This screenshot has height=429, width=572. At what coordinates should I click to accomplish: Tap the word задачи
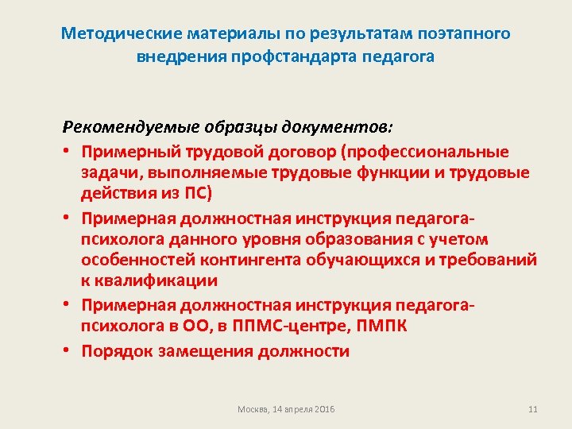coord(106,173)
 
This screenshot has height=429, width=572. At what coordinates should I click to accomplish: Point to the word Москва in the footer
coord(252,409)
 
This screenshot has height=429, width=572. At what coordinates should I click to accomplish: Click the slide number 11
coord(532,409)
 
